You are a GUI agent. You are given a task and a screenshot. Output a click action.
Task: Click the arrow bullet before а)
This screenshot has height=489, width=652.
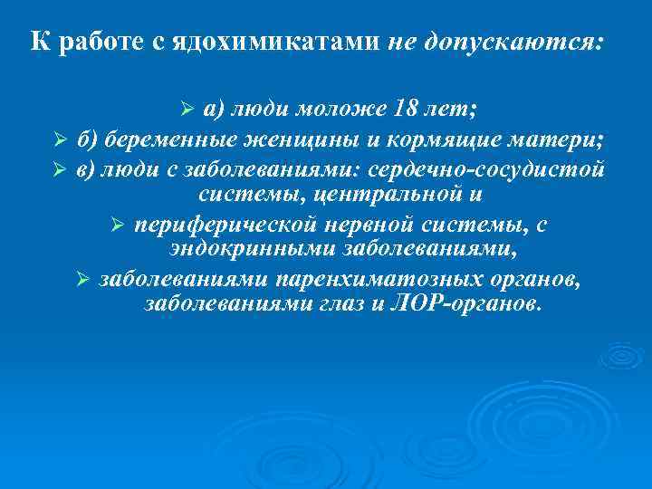pyautogui.click(x=188, y=110)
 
